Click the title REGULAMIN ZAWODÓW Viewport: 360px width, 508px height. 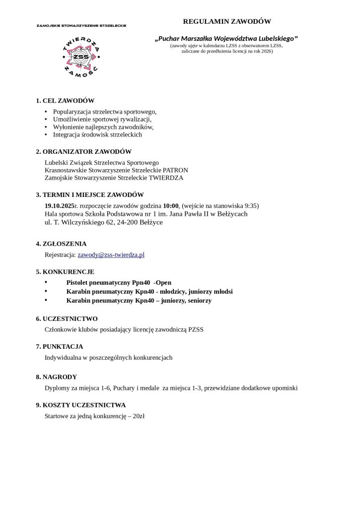[x=227, y=22]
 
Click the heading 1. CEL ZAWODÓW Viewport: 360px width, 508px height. [x=65, y=101]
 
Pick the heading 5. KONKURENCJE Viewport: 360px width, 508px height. [x=65, y=272]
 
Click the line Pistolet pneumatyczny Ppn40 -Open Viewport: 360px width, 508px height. [x=118, y=282]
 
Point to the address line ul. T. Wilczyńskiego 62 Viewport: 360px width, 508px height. [x=79, y=222]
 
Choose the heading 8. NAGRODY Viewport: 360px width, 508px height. [x=56, y=377]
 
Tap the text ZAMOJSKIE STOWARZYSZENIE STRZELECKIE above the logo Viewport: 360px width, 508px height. [x=81, y=25]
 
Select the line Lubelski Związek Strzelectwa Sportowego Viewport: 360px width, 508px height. [x=101, y=162]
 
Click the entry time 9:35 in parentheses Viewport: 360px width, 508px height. [x=249, y=205]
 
